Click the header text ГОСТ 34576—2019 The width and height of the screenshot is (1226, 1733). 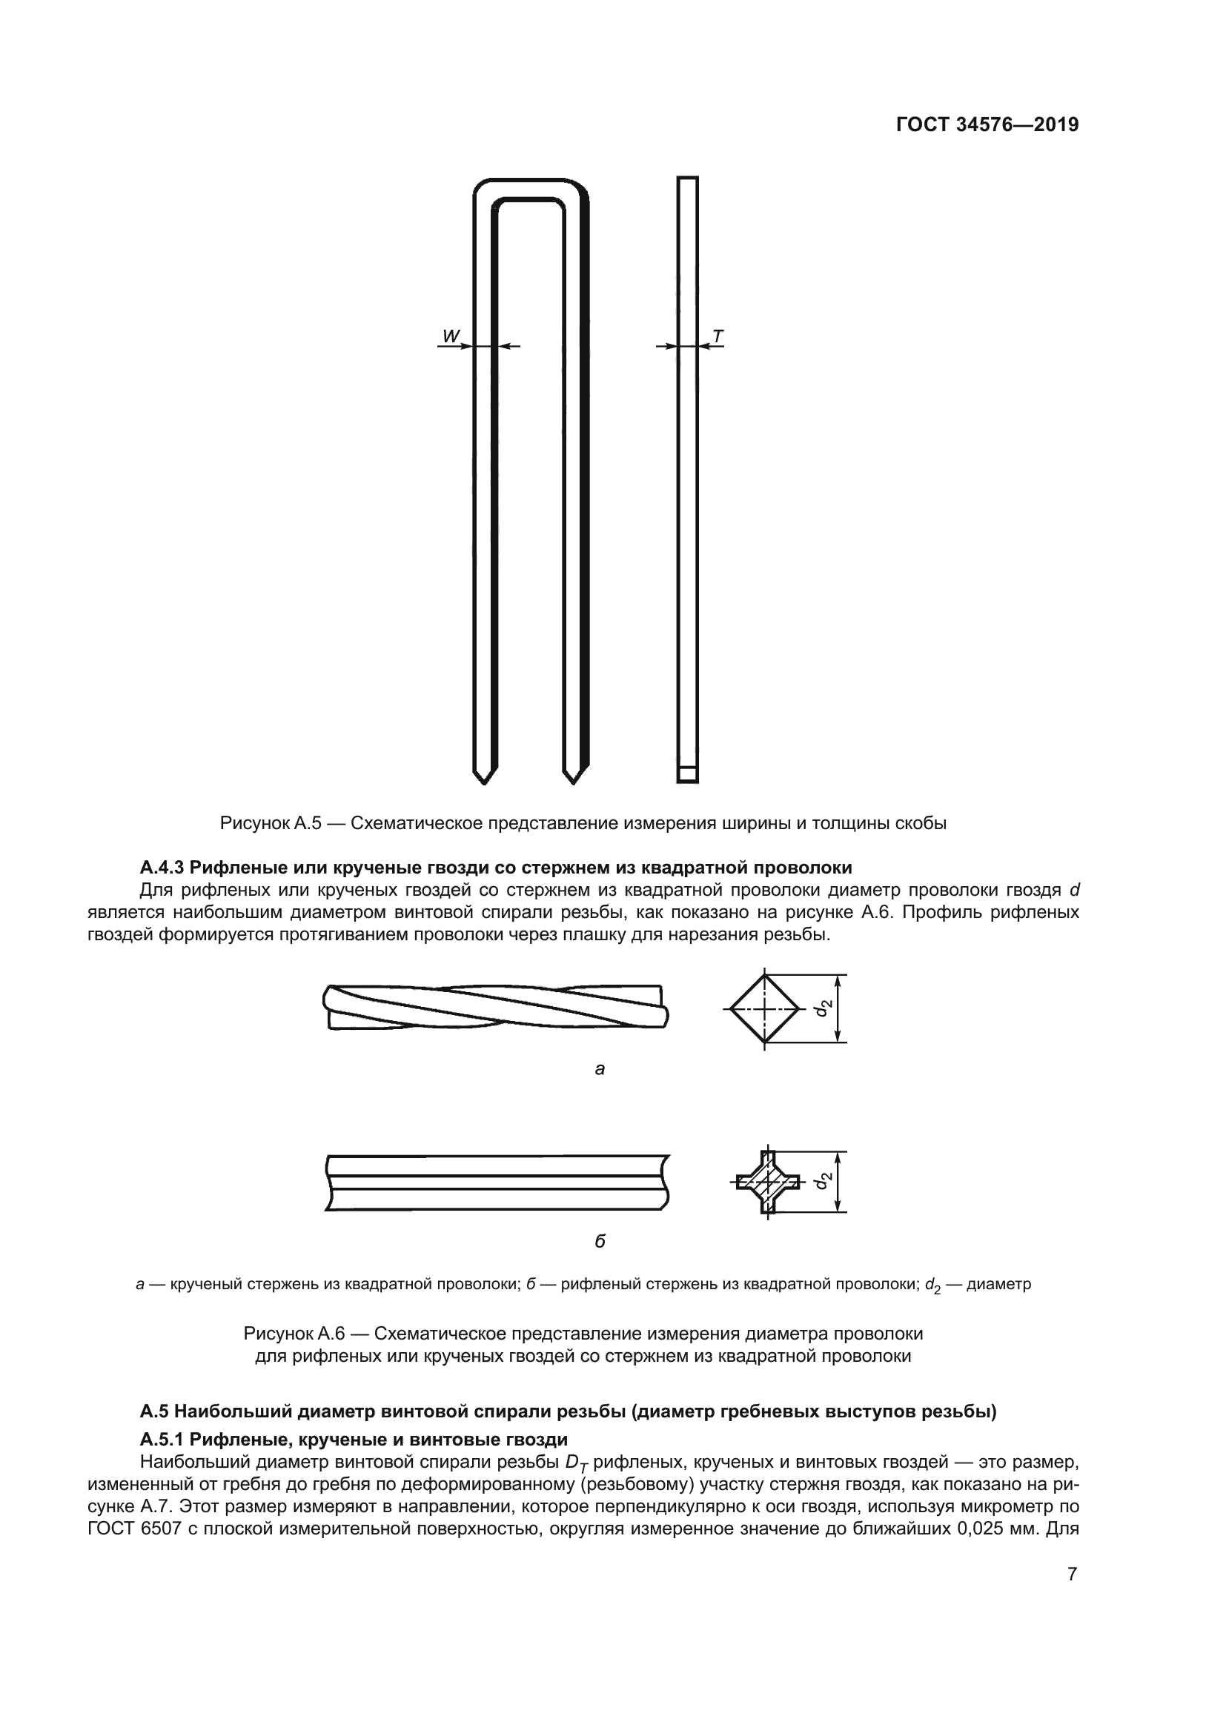click(x=987, y=124)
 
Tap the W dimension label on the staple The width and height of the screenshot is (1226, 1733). click(x=451, y=336)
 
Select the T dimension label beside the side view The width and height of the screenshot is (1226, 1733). click(x=718, y=336)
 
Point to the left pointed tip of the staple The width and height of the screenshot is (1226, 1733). click(x=484, y=776)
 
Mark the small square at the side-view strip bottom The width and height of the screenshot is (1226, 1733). click(x=687, y=774)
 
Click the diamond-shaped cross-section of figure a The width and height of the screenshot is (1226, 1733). click(x=765, y=1008)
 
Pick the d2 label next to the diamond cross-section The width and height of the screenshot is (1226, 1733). click(x=824, y=1007)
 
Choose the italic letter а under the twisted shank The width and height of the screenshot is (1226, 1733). click(x=600, y=1069)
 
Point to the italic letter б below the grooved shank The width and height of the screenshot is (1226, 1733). click(x=600, y=1241)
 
